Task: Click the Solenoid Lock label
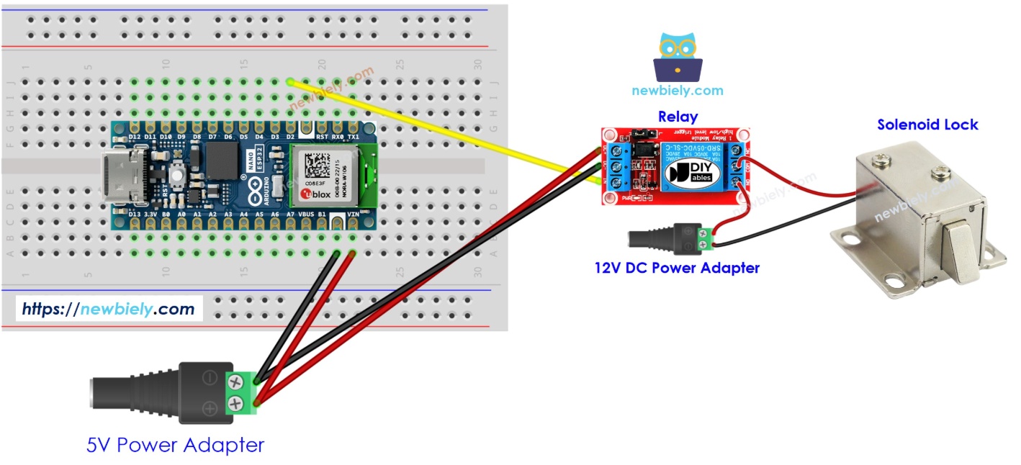(927, 125)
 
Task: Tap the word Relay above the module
(678, 117)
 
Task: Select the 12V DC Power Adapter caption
(677, 268)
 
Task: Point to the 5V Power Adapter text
(175, 445)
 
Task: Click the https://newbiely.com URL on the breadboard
(109, 310)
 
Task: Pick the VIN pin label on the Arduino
(353, 215)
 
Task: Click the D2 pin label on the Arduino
(290, 136)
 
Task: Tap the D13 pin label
(134, 215)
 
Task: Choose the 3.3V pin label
(150, 215)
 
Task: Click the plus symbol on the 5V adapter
(210, 409)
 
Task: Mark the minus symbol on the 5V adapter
(210, 377)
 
